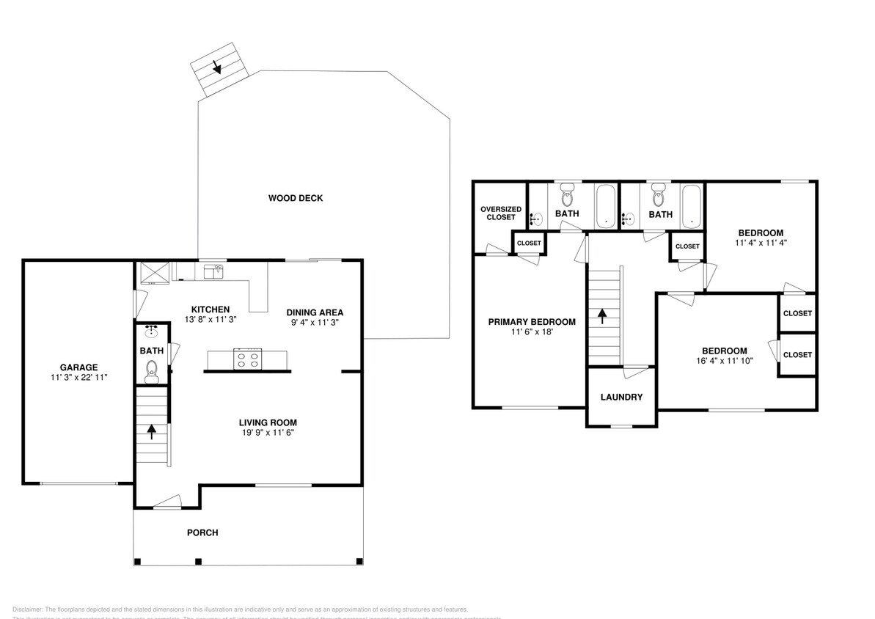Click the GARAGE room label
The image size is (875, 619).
tap(78, 367)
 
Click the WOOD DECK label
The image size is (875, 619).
tap(295, 198)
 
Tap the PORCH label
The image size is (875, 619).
tap(202, 532)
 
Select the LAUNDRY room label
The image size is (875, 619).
tap(621, 397)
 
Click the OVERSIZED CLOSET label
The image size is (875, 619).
tap(501, 213)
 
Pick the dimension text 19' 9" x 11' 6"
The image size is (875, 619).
tap(267, 433)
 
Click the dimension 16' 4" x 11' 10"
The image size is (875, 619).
tap(724, 360)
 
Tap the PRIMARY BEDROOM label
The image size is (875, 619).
tap(532, 321)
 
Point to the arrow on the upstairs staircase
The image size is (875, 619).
tap(603, 315)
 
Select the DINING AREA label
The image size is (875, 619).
tap(315, 312)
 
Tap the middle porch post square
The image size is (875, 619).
tap(197, 562)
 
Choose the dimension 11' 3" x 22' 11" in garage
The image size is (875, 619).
tap(78, 378)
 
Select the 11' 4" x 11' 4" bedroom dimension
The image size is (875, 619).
tap(761, 242)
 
